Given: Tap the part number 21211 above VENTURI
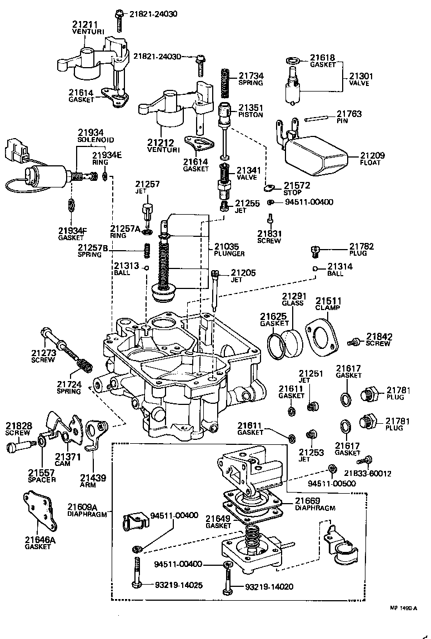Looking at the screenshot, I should coord(84,24).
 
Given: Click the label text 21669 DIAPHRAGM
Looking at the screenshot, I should coord(314,503).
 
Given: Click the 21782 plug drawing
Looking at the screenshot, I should coord(315,251).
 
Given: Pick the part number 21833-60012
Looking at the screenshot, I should coord(367,473).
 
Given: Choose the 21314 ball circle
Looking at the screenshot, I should coord(315,269).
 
